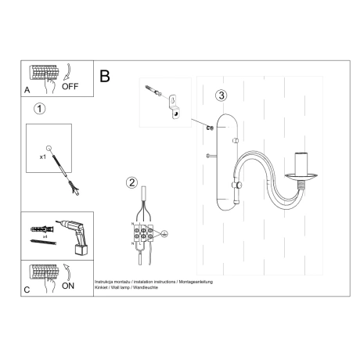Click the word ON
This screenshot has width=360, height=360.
tap(68, 287)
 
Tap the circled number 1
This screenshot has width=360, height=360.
tap(41, 109)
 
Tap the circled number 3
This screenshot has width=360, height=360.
tap(222, 95)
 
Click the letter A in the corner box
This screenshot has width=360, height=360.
tap(27, 90)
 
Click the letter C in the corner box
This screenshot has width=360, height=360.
tap(27, 290)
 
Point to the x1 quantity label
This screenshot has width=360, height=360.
tap(43, 157)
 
